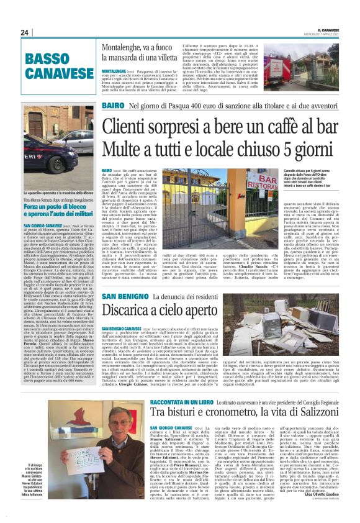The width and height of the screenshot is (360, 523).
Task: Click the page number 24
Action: click(x=25, y=32)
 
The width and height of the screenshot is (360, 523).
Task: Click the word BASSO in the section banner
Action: click(x=48, y=59)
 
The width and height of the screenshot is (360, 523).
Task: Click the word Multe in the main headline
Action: click(x=127, y=151)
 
